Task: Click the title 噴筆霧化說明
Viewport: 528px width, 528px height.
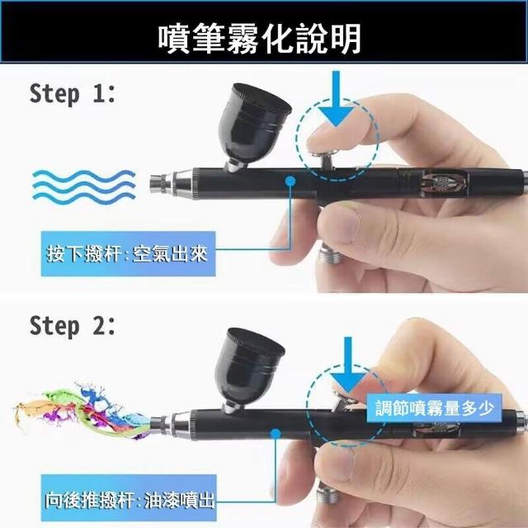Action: coord(259,38)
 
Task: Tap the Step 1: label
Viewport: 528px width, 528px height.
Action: coord(73,94)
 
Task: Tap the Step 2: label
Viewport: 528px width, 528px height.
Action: coord(73,327)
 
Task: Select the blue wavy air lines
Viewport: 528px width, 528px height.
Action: coord(84,186)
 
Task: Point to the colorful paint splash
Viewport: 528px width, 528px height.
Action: coord(82,411)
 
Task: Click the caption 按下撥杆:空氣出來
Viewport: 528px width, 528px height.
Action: coord(127,253)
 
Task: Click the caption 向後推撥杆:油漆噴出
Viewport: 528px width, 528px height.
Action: coord(130,500)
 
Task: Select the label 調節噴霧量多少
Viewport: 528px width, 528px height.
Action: coord(435,408)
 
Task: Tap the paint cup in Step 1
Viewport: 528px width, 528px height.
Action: coord(253,126)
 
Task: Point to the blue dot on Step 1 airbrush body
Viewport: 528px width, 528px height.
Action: coord(290,181)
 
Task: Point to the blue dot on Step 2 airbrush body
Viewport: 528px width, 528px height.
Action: coord(276,434)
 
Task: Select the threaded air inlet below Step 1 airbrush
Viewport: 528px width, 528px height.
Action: coord(332,254)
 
